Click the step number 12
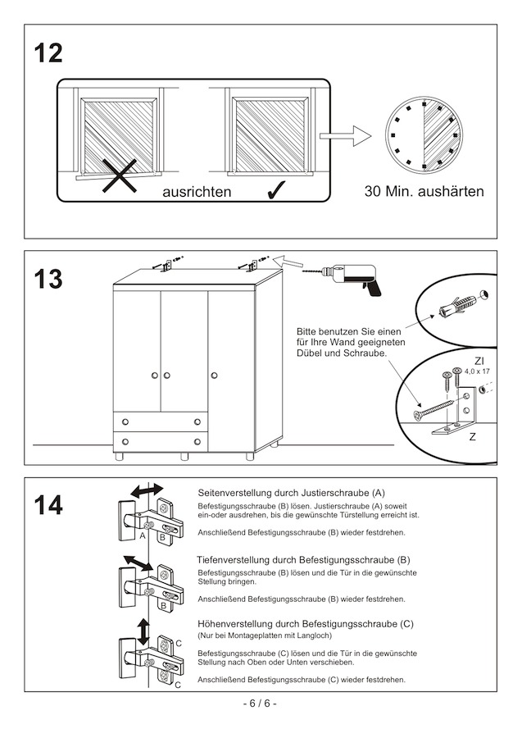48,54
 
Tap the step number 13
48,280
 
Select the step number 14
48,506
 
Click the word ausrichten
197,193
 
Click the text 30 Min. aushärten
424,192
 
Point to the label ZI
479,361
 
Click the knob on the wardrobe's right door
215,375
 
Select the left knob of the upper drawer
125,421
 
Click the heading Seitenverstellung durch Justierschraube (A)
292,493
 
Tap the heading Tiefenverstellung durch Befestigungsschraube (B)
303,559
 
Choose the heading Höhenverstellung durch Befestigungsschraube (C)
306,624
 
